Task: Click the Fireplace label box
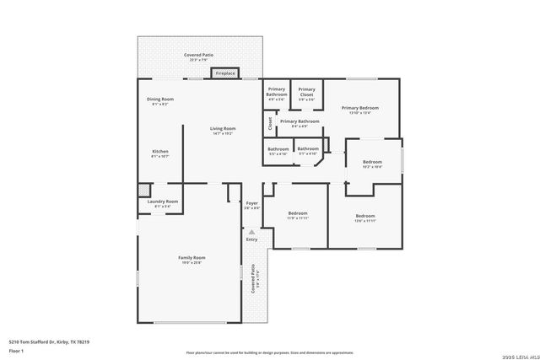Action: point(225,74)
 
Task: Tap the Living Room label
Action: point(223,129)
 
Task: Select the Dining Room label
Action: point(159,100)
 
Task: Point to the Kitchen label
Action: point(159,153)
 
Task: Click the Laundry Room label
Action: point(162,202)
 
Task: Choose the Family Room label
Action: point(192,259)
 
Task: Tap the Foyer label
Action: point(251,204)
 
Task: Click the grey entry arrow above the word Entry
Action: point(251,232)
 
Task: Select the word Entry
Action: point(251,239)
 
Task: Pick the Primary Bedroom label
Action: point(360,109)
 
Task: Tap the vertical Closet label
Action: point(270,125)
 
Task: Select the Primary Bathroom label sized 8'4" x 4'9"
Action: point(300,122)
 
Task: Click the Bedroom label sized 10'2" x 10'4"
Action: point(372,163)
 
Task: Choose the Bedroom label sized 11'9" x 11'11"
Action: point(297,215)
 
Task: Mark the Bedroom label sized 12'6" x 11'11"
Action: point(364,217)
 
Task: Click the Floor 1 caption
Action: point(16,349)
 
